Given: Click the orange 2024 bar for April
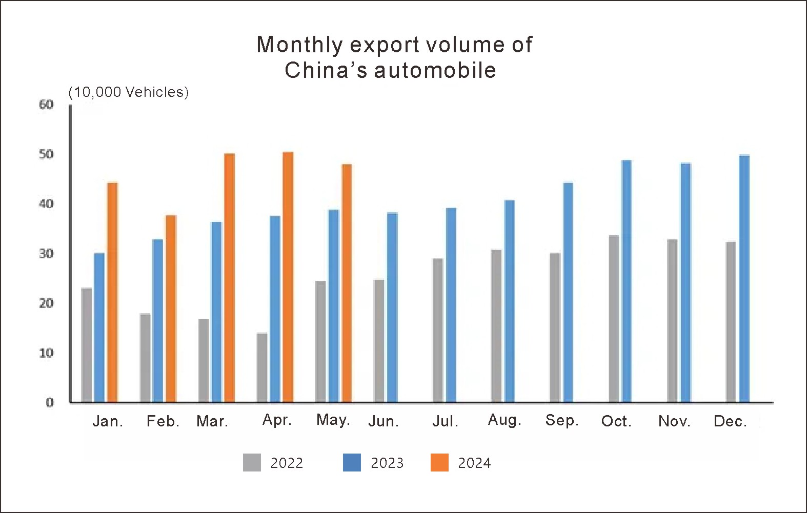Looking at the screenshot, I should coord(288,277).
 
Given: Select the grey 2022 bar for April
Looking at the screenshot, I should coord(262,367).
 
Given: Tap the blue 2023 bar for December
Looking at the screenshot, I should coord(744,278).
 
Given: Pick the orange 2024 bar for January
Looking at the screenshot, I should coord(112,292).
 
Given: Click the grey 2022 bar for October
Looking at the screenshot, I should coord(614,319).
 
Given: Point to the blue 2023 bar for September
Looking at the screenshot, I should coord(568,292).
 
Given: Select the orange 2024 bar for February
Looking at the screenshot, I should coord(171,309).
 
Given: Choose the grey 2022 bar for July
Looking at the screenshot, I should coord(438,330).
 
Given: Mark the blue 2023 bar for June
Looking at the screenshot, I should coord(392,307).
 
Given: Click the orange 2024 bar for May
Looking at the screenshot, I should coord(347,283).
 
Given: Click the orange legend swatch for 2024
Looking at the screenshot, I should coord(440,463).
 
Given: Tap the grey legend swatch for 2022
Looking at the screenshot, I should coord(252,463).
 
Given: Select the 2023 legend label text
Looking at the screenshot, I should coord(387,463).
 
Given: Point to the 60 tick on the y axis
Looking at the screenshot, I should coord(46,105).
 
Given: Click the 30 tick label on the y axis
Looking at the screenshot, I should coord(46,254).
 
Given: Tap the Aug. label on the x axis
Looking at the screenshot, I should coord(505,420).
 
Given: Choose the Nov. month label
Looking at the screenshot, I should coord(674,421).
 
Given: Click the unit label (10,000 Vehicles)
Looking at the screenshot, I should coord(129,92).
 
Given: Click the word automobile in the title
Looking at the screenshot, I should coord(435,70).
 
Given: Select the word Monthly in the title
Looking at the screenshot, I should coord(299,45).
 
